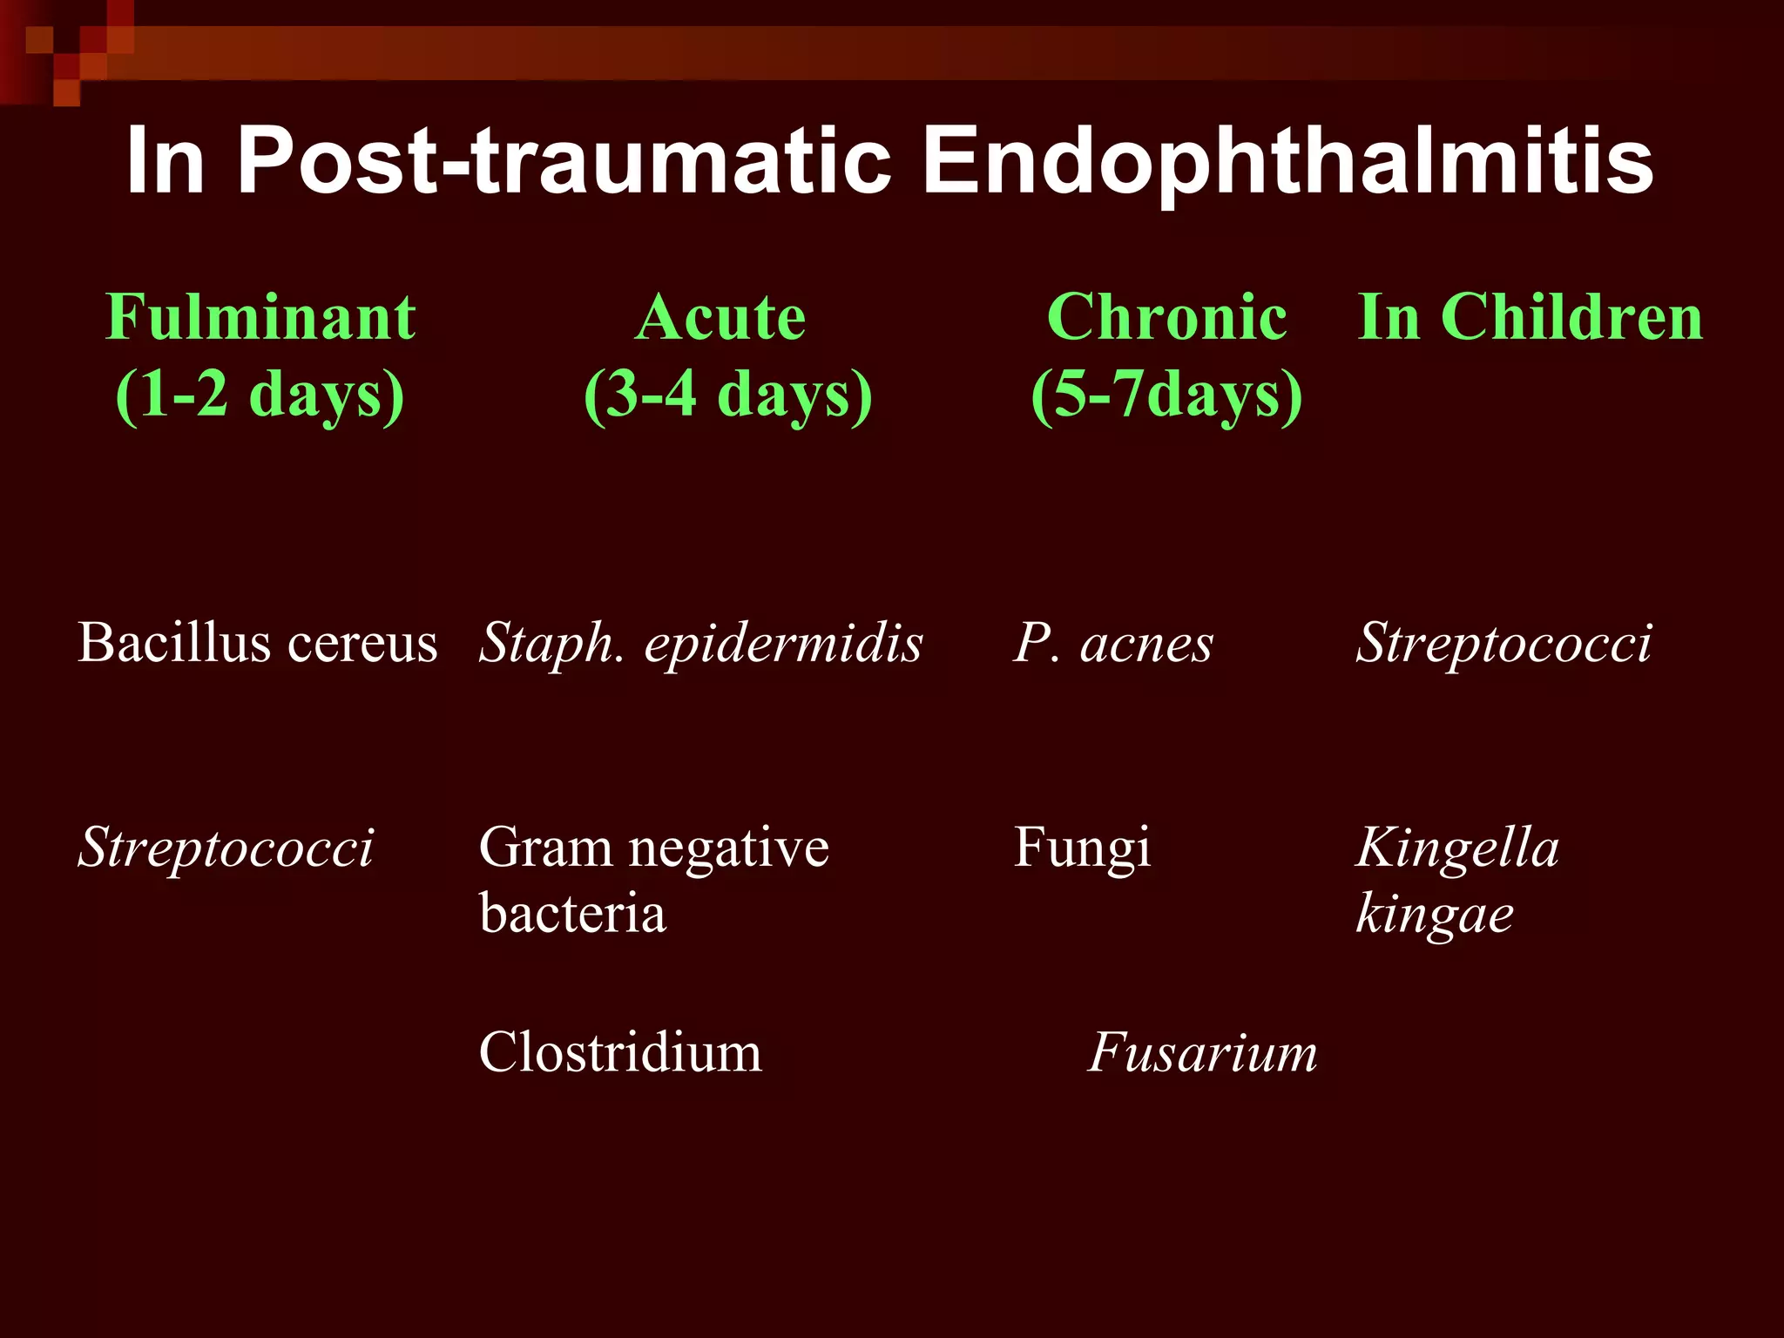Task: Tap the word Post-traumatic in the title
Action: tap(564, 161)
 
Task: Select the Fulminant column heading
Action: tap(260, 317)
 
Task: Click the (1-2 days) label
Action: tap(260, 395)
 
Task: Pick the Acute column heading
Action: tap(720, 317)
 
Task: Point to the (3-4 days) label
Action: tap(727, 395)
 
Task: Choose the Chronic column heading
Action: tap(1166, 317)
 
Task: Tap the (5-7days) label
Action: tap(1166, 395)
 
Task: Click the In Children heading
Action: tap(1530, 317)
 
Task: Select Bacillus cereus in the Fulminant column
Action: tap(257, 644)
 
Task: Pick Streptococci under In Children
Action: tap(1503, 644)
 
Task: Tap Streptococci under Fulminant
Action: tap(226, 848)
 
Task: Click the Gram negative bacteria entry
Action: tap(652, 880)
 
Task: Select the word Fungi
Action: tap(1081, 848)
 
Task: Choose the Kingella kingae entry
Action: tap(1457, 880)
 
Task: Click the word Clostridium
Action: tap(620, 1052)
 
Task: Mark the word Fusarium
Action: tap(1202, 1052)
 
